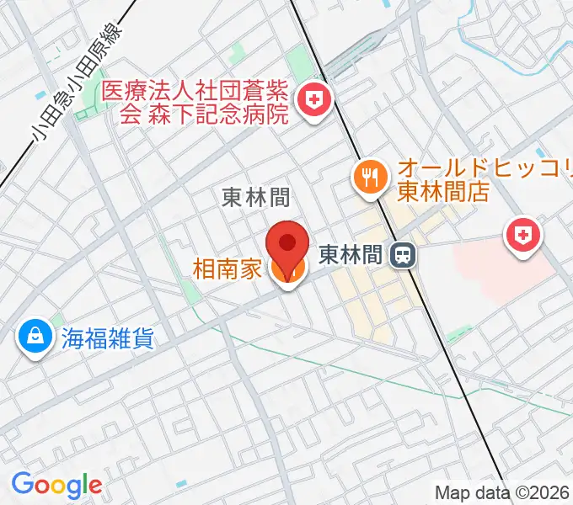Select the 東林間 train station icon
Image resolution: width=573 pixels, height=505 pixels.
pyautogui.click(x=405, y=254)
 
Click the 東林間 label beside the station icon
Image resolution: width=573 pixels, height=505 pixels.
pyautogui.click(x=351, y=253)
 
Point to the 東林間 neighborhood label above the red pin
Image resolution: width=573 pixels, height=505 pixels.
pyautogui.click(x=256, y=197)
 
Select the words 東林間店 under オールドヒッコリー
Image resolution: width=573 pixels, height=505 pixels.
pyautogui.click(x=443, y=191)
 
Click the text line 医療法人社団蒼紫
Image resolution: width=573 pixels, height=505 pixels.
pyautogui.click(x=195, y=91)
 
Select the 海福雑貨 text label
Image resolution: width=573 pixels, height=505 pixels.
pyautogui.click(x=106, y=338)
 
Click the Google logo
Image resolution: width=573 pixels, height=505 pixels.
pyautogui.click(x=56, y=485)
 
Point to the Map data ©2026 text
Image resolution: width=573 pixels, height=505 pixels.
pyautogui.click(x=502, y=492)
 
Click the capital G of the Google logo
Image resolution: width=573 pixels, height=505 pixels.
pyautogui.click(x=22, y=484)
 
